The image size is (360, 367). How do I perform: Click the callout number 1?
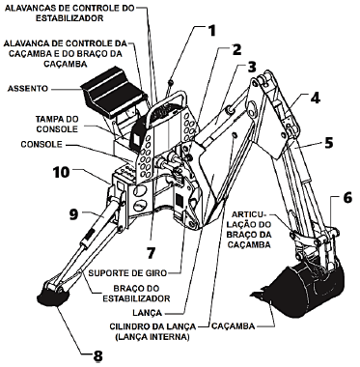(x=211, y=31)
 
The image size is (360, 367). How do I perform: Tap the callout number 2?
(x=236, y=49)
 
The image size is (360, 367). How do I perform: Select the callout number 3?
(x=252, y=67)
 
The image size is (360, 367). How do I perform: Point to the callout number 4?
(x=315, y=98)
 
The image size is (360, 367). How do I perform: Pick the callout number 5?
(x=328, y=143)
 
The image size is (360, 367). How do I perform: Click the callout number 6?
(x=347, y=198)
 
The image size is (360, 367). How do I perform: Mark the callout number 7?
(x=152, y=253)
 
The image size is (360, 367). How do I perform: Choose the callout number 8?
(x=97, y=356)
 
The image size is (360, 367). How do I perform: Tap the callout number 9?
(x=73, y=214)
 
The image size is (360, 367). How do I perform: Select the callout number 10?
(x=62, y=172)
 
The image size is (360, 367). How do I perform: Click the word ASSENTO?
(x=28, y=88)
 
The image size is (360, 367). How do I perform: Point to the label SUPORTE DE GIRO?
(x=127, y=273)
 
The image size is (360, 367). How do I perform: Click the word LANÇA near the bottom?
(x=147, y=312)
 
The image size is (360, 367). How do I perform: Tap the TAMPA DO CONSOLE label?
(x=57, y=124)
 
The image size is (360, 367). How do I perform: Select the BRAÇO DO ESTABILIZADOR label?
(x=136, y=294)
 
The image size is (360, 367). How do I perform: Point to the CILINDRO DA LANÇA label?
(x=152, y=331)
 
